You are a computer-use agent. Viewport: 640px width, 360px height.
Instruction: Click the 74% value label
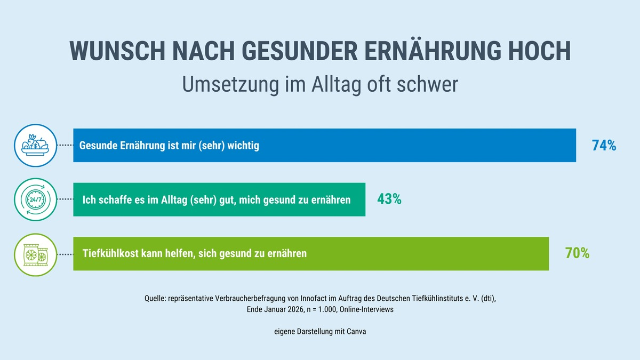604,146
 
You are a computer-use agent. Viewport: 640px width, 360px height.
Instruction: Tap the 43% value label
389,199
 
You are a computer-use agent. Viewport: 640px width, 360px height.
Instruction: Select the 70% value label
577,254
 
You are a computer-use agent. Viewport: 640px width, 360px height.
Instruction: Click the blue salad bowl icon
35,145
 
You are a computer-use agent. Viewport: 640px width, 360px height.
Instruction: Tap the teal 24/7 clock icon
35,199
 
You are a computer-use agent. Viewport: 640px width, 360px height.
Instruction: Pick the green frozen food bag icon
35,254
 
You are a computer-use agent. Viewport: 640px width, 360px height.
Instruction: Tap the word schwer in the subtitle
427,85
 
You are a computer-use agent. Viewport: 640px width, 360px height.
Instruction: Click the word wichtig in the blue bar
241,146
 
